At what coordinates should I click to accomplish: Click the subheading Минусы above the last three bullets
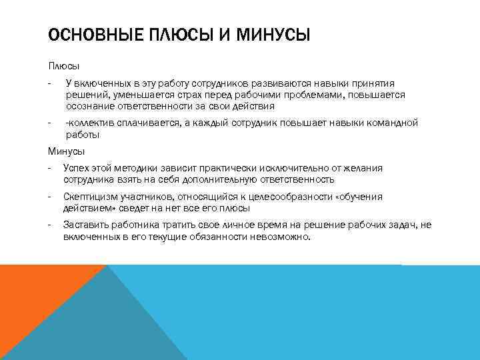pyautogui.click(x=66, y=151)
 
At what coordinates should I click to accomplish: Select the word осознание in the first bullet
pyautogui.click(x=88, y=106)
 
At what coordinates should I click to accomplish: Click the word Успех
pyautogui.click(x=76, y=168)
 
